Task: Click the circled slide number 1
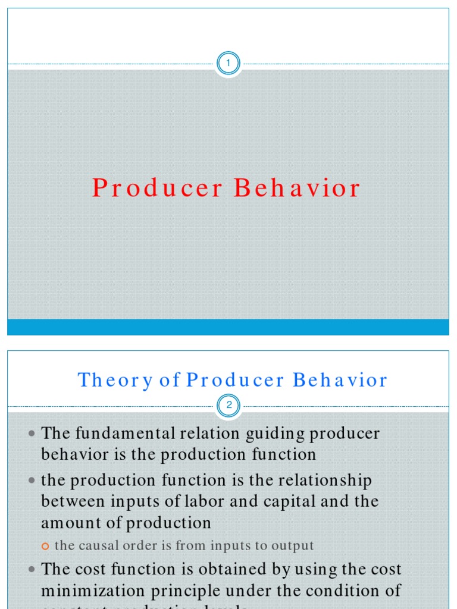tap(228, 63)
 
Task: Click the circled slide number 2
tap(228, 406)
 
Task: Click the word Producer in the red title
tap(157, 188)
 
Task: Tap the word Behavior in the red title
tap(297, 188)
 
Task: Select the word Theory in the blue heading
tap(115, 380)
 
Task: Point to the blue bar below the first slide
tap(228, 327)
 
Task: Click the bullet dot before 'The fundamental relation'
tap(32, 434)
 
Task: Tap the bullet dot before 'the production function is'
tap(32, 481)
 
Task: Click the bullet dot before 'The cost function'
tap(32, 570)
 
